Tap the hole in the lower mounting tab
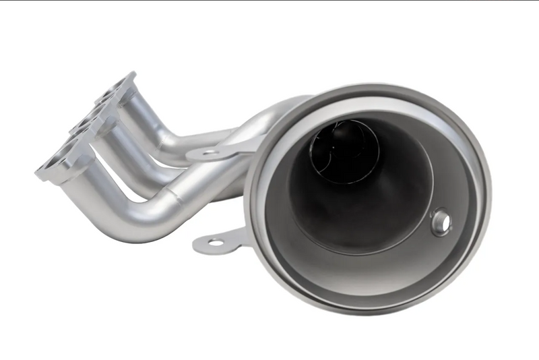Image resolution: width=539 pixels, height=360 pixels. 215,241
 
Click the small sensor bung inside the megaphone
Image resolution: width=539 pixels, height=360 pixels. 441,222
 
